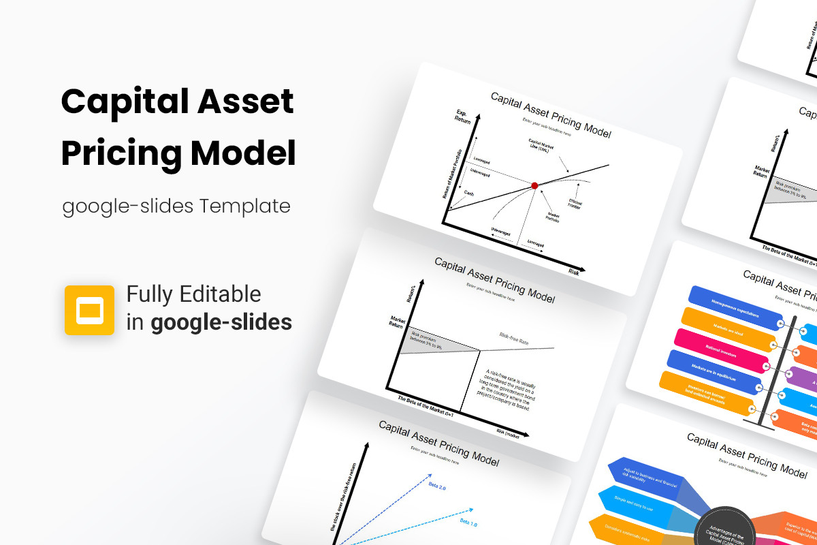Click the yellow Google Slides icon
click(x=89, y=310)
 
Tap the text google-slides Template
click(x=176, y=205)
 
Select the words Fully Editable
click(x=194, y=294)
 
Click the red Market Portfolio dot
click(x=534, y=185)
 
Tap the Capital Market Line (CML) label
click(x=542, y=146)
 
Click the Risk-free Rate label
click(x=514, y=339)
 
